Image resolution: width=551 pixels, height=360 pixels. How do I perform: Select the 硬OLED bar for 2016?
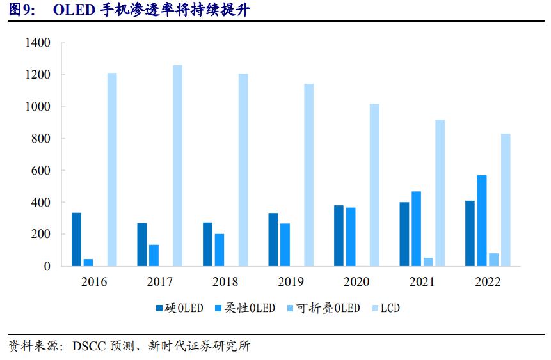click(76, 239)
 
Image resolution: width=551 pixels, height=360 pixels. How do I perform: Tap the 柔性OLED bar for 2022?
click(481, 220)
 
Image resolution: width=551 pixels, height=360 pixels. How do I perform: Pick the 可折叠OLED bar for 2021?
click(428, 262)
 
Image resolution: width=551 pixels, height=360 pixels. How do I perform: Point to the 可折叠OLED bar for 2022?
click(493, 259)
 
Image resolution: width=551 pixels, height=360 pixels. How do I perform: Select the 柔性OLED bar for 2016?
click(88, 262)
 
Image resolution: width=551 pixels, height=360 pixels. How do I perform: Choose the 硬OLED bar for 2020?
click(339, 235)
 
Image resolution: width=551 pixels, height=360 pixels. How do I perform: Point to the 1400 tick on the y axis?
click(37, 43)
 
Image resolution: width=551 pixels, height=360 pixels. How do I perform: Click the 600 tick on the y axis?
click(40, 171)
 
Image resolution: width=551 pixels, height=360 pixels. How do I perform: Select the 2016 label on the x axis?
click(94, 282)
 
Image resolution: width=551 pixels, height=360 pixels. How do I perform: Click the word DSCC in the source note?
click(88, 347)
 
